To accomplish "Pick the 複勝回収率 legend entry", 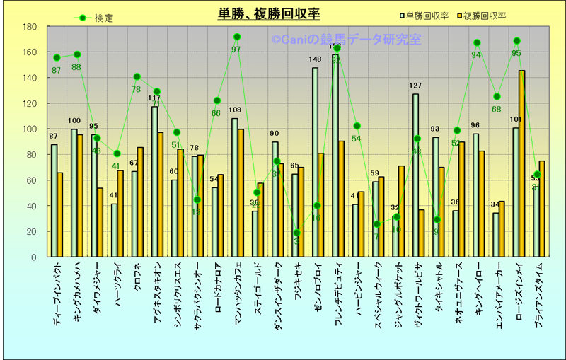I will [x=481, y=15].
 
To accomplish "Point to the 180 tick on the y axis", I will [x=30, y=27].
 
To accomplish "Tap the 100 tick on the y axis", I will [x=30, y=129].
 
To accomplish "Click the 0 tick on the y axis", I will [x=33, y=257].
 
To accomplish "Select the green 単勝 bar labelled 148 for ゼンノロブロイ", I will [x=315, y=162].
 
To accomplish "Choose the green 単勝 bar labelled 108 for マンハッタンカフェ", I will [x=235, y=187].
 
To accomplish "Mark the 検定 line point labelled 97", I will [x=236, y=37].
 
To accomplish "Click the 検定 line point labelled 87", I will [x=57, y=57].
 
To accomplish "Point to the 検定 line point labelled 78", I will [x=137, y=76].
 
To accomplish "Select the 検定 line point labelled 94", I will [x=477, y=43].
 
